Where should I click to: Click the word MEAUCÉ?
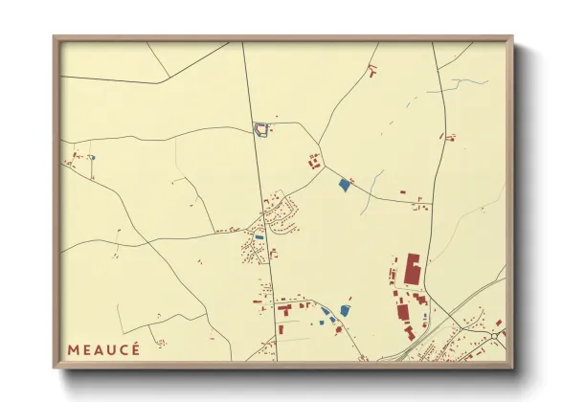click(x=103, y=349)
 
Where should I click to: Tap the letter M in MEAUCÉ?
click(x=73, y=349)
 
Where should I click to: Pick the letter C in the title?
click(x=123, y=349)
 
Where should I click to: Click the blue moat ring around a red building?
click(x=259, y=128)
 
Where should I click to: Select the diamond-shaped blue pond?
click(x=344, y=185)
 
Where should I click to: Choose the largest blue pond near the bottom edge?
click(x=345, y=309)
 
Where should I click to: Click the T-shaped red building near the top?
click(x=372, y=69)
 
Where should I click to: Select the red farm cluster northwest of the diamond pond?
click(x=313, y=162)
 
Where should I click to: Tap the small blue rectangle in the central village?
click(x=259, y=237)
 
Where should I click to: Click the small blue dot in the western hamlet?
click(x=92, y=157)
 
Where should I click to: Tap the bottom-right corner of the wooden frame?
click(x=512, y=368)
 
